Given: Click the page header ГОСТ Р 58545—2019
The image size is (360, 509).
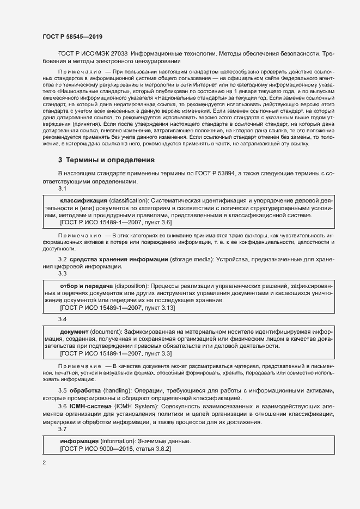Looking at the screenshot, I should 72,36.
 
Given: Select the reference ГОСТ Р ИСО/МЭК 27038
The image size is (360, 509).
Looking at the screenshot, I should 93,54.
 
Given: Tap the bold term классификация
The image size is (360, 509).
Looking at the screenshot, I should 83,201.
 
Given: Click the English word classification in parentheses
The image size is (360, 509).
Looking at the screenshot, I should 132,201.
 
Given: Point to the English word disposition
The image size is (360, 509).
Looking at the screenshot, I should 130,286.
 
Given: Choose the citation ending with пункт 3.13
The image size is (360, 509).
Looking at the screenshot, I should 117,308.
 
